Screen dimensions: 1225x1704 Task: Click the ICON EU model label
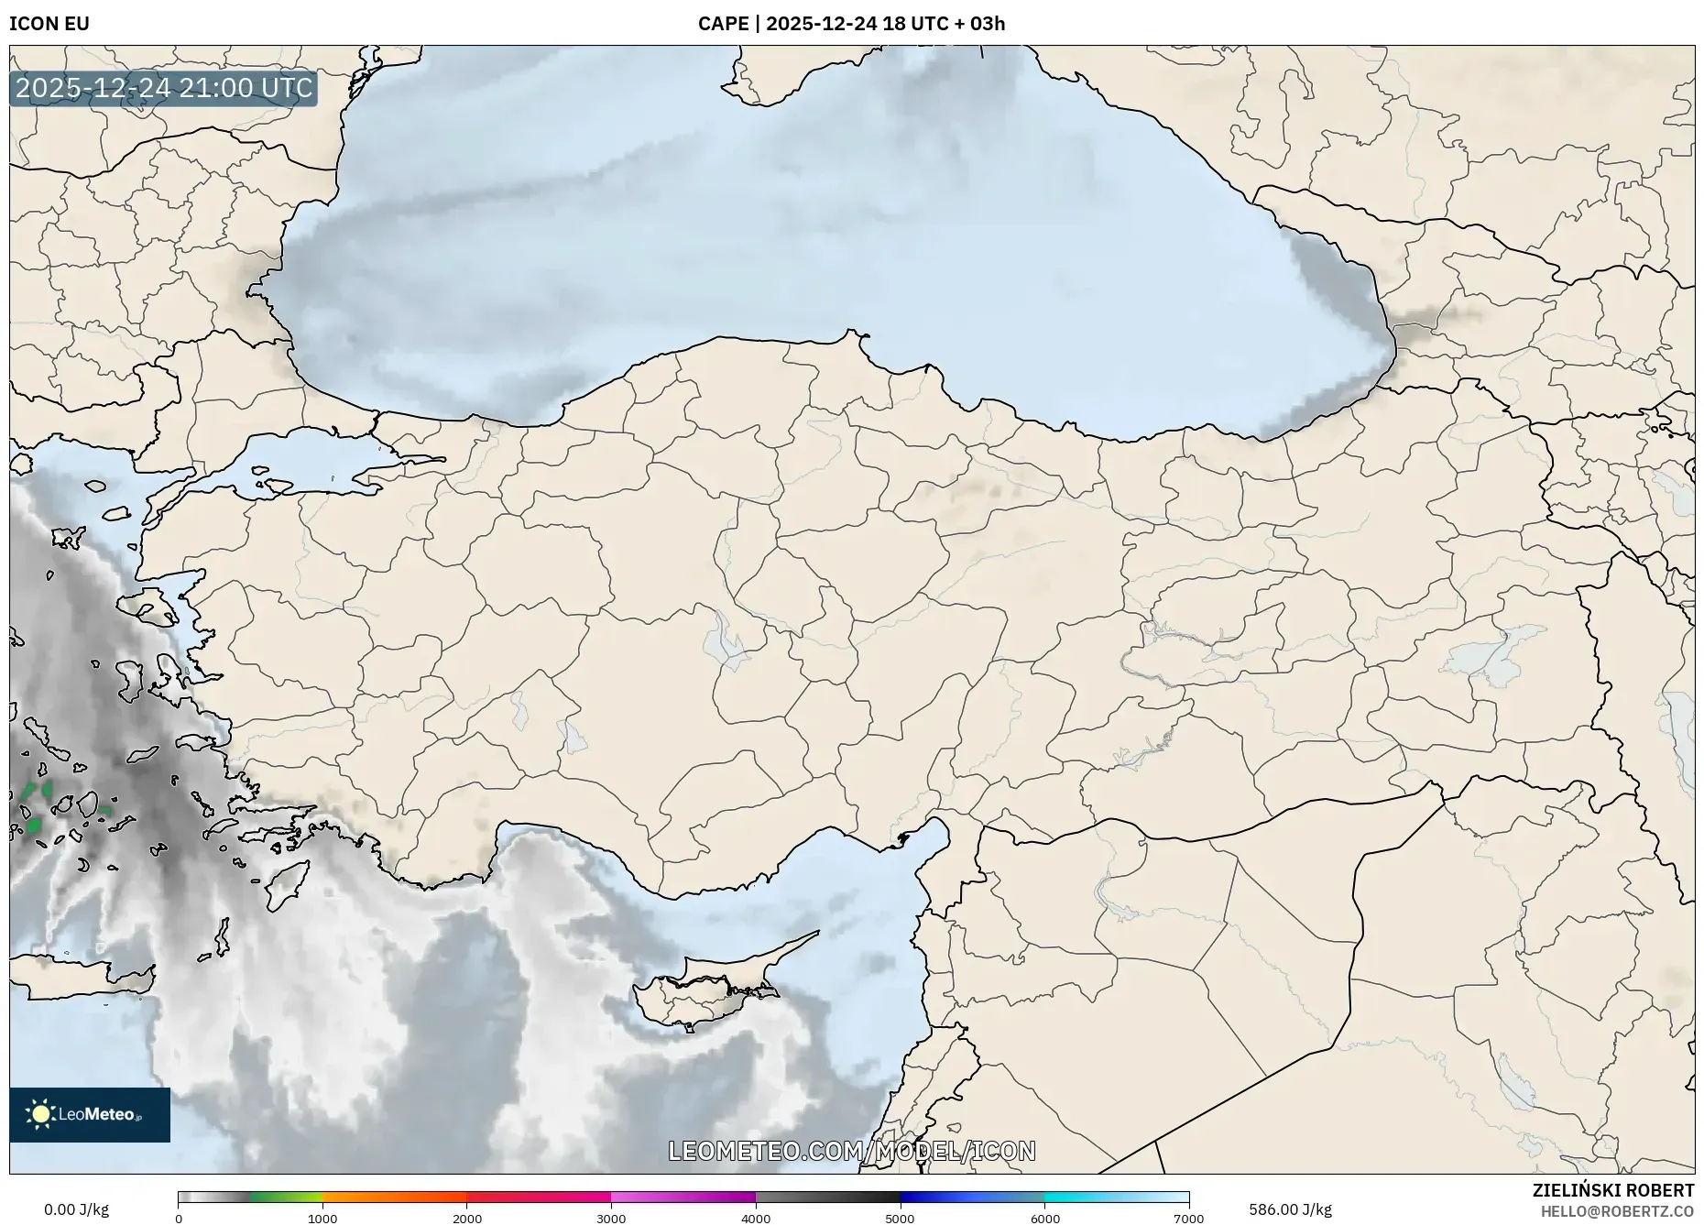coord(49,24)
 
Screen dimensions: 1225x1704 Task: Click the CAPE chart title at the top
coord(851,24)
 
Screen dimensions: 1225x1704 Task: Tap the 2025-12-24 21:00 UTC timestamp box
coord(164,88)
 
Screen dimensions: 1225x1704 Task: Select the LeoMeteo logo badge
coord(90,1114)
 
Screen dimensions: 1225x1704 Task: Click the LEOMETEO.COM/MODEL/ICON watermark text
coord(852,1151)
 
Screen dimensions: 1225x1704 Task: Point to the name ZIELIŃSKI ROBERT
coord(1612,1190)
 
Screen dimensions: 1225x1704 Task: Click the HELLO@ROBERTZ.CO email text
coord(1617,1211)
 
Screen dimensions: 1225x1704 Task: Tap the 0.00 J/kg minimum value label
coord(76,1209)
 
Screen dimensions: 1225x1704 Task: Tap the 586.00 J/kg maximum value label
coord(1290,1209)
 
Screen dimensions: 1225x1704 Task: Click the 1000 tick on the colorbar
coord(322,1219)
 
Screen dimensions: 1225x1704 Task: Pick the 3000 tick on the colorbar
coord(611,1219)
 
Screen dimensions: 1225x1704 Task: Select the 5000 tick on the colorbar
coord(900,1219)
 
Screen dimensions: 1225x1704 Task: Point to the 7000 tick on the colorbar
coord(1188,1219)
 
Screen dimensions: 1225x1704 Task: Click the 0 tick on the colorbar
coord(179,1219)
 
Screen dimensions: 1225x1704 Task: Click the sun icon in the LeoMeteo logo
coord(40,1114)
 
